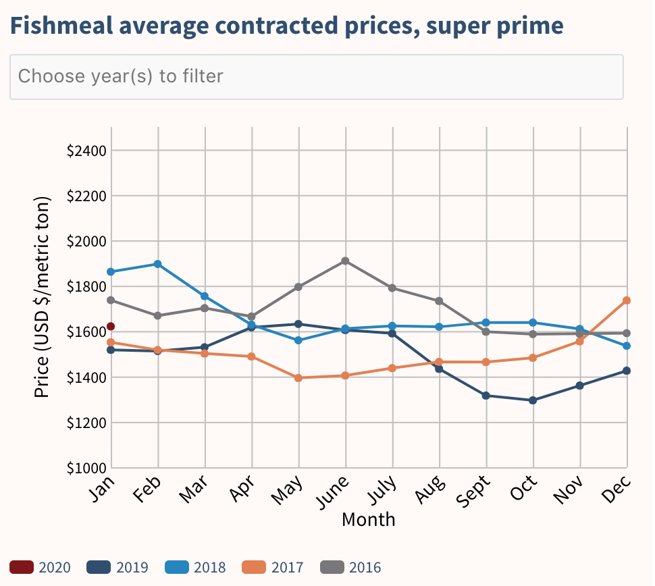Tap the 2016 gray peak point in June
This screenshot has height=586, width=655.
tap(346, 261)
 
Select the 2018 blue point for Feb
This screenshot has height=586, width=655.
tap(158, 264)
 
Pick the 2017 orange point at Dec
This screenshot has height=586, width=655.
tap(627, 300)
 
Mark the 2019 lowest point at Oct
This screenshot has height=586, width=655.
tap(533, 400)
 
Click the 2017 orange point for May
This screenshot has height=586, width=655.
tap(298, 378)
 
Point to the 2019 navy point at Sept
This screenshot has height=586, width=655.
tap(486, 396)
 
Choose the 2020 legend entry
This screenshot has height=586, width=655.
tap(41, 567)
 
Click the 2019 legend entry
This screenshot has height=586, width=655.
tap(117, 567)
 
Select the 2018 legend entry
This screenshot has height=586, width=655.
tap(196, 567)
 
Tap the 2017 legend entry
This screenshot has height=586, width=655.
tap(273, 567)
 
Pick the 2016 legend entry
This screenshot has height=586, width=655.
tap(351, 567)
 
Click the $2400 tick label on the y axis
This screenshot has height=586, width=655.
tap(86, 151)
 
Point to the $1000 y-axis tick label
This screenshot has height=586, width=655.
tap(86, 468)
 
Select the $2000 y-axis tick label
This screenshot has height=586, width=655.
tap(86, 241)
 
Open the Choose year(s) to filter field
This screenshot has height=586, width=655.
tap(316, 76)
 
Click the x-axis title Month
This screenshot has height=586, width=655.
tap(368, 520)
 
